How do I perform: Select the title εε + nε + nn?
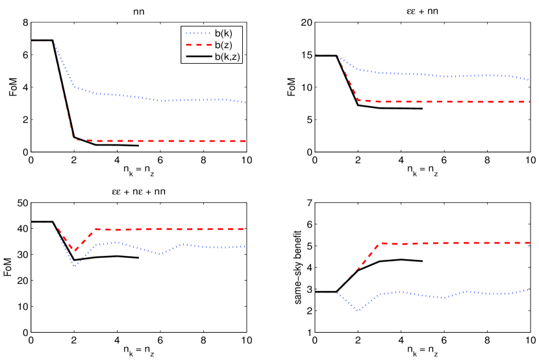[x=139, y=190]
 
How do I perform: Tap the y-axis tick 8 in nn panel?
[x=24, y=23]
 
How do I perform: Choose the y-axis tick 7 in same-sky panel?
[x=308, y=203]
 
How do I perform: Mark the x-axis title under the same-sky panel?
[x=423, y=354]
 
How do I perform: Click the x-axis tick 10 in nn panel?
[x=247, y=161]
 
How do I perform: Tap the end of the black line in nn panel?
[x=139, y=146]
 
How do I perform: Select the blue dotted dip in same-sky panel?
[x=358, y=311]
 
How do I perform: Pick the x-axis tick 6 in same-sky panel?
[x=444, y=341]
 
